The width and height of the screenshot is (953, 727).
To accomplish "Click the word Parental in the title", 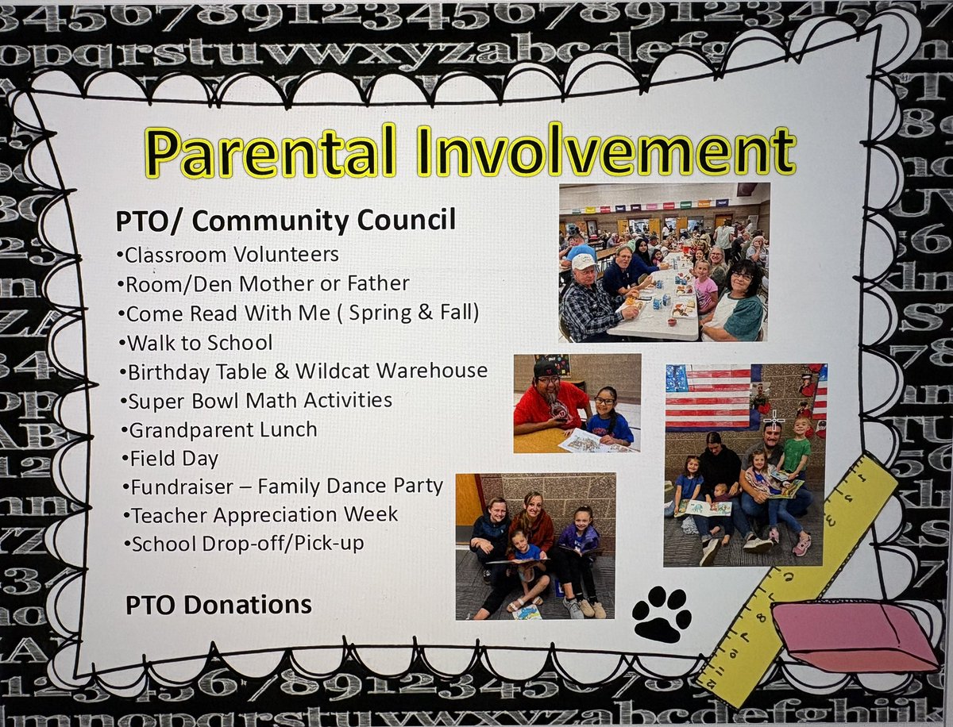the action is point(271,152).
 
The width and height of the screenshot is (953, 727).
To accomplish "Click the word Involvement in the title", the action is point(607,150).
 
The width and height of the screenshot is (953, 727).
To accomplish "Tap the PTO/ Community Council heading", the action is point(286,221).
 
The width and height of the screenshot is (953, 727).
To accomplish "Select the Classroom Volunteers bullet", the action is point(228,255).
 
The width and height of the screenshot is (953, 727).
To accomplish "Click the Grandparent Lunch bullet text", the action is point(220,430).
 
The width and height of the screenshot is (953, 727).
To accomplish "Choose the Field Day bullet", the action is point(171,459).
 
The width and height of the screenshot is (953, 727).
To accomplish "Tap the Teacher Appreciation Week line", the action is point(261,515).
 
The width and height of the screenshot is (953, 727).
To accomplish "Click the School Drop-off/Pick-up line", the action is point(245,544).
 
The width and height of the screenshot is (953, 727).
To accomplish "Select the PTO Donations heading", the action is point(219,605).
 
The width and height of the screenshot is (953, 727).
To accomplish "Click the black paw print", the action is point(662,614).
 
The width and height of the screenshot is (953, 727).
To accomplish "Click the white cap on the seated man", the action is point(584,262).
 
